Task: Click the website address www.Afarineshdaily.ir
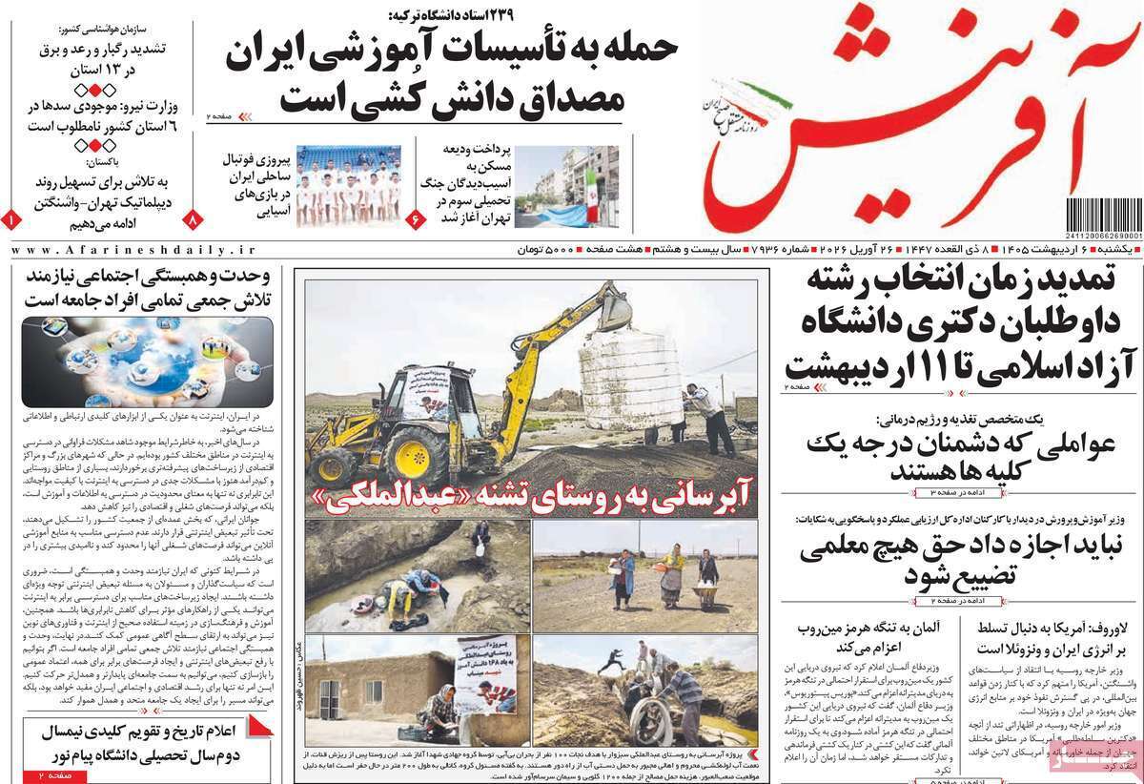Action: (x=133, y=249)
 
